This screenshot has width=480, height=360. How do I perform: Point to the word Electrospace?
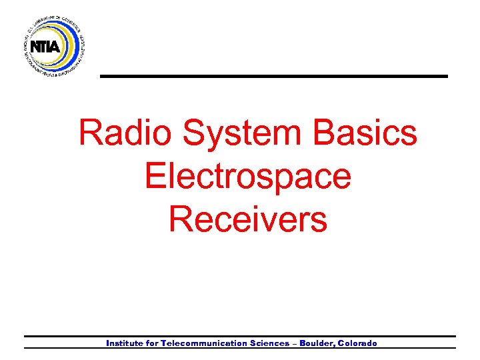(247, 177)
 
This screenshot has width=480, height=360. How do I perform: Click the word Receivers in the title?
(248, 219)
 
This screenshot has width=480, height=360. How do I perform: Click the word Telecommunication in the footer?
(204, 343)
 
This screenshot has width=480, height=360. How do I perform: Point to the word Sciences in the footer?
(268, 343)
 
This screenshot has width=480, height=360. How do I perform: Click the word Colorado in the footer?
(357, 343)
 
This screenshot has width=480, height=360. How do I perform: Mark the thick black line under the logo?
(273, 77)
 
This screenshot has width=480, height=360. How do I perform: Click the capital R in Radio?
(90, 133)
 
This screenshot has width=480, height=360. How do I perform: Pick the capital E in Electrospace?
(154, 177)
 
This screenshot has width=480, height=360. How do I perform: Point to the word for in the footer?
(152, 343)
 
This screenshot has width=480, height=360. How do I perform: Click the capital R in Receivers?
(180, 219)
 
